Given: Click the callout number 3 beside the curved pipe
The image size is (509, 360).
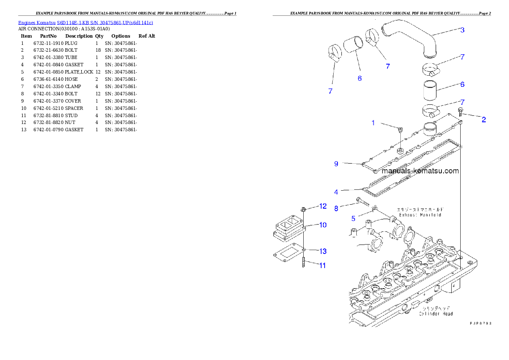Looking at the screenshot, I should pyautogui.click(x=462, y=30).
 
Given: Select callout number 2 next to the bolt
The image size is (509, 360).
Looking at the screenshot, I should pyautogui.click(x=483, y=120).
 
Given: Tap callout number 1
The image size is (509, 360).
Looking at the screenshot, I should pyautogui.click(x=373, y=123).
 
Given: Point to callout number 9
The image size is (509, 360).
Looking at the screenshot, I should pyautogui.click(x=336, y=164).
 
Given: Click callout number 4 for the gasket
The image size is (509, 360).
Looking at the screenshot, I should pyautogui.click(x=336, y=192).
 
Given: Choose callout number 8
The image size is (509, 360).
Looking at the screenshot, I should pyautogui.click(x=336, y=209).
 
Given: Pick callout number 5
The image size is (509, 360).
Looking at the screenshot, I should pyautogui.click(x=353, y=218).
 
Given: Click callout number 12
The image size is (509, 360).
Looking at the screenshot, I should pyautogui.click(x=323, y=207).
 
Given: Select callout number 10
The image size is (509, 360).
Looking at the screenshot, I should pyautogui.click(x=323, y=225).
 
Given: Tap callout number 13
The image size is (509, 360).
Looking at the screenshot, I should pyautogui.click(x=323, y=251).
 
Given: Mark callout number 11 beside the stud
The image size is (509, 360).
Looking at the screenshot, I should pyautogui.click(x=323, y=266).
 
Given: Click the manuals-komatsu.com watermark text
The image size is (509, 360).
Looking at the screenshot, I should pyautogui.click(x=420, y=171).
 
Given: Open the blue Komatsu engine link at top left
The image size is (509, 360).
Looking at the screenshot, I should pyautogui.click(x=86, y=22).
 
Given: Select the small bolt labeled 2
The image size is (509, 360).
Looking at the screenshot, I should pyautogui.click(x=460, y=112).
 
